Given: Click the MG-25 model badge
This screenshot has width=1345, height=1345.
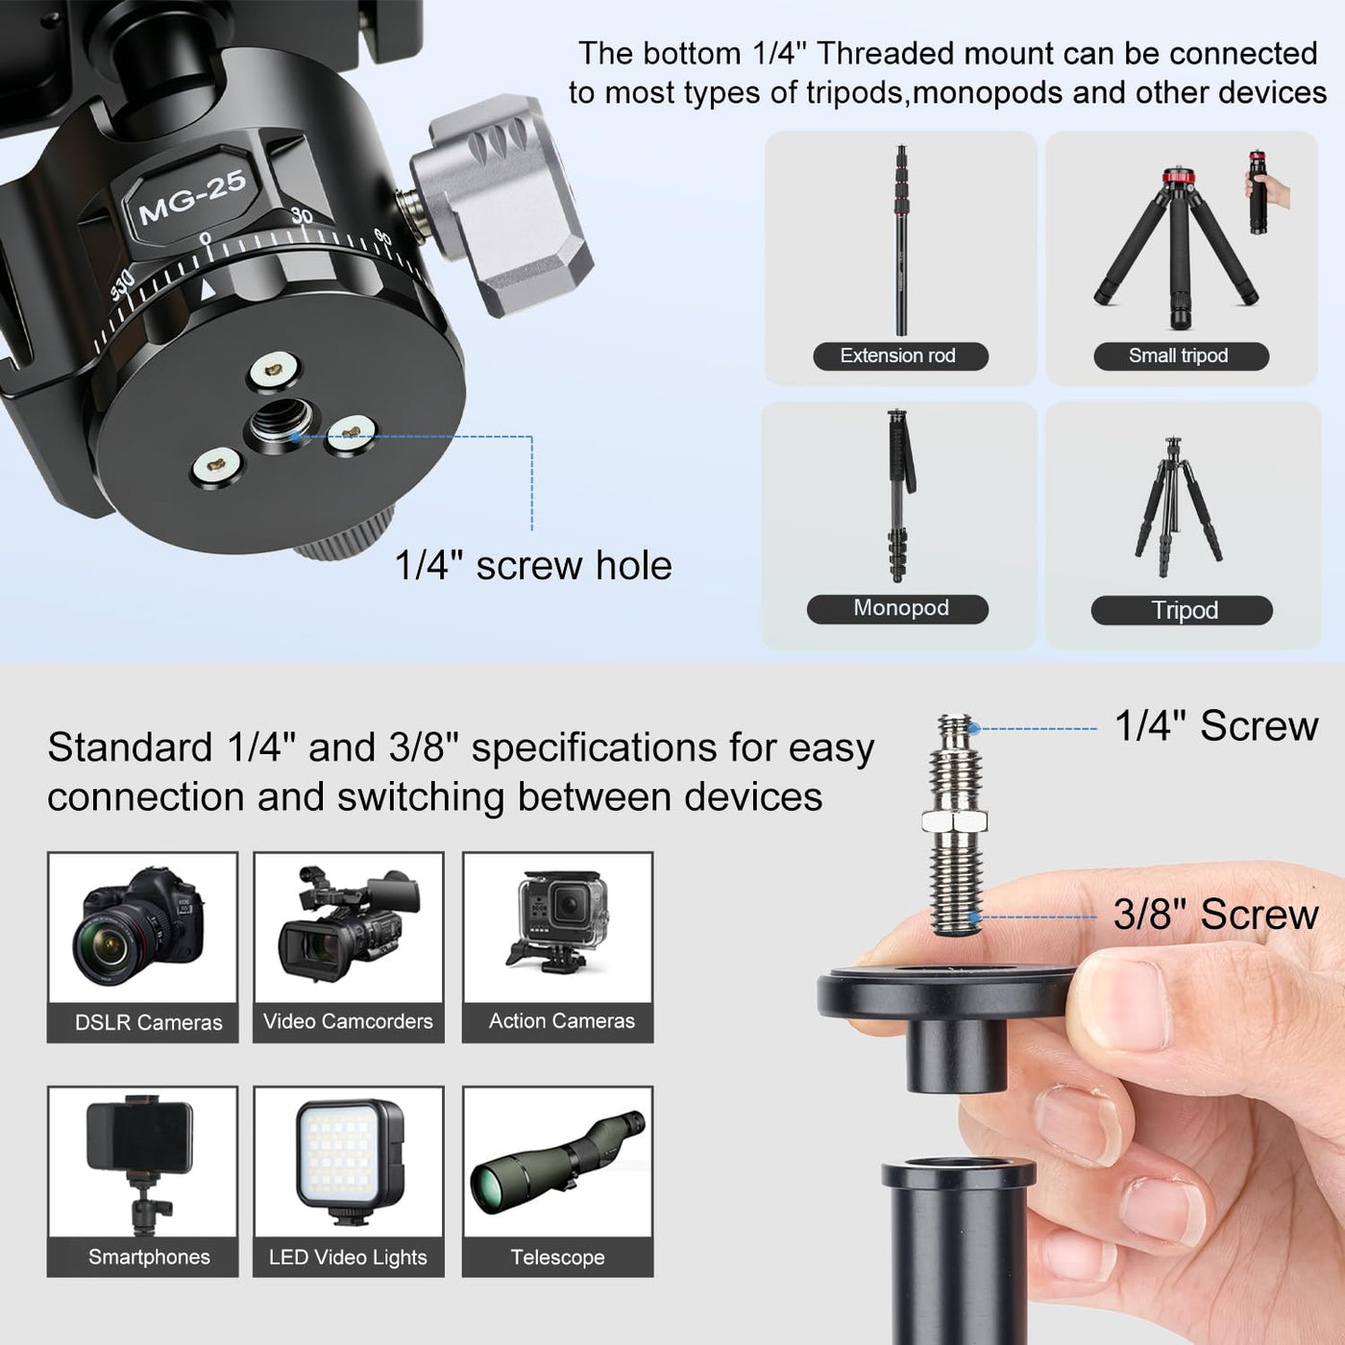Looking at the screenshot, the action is tap(190, 195).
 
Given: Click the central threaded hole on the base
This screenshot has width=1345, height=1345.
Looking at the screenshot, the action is tap(281, 422).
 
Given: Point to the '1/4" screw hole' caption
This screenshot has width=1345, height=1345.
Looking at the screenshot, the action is tap(533, 565).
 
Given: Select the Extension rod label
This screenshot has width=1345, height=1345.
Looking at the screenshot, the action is tap(900, 356).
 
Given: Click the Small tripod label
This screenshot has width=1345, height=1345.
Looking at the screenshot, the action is tap(1181, 356).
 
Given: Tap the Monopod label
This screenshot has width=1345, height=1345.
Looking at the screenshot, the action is tap(897, 609).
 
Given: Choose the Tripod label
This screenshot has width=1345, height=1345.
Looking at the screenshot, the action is tap(1182, 610).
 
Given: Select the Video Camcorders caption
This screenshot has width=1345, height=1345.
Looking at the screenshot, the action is tap(349, 1021).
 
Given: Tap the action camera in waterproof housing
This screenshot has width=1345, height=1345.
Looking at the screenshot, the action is tap(558, 920).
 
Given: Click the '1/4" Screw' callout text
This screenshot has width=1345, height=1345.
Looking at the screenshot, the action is tap(1216, 726).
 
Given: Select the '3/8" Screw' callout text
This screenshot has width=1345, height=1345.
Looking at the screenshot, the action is tap(1216, 915).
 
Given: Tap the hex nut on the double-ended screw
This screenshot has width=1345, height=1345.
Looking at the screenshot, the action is tap(954, 821).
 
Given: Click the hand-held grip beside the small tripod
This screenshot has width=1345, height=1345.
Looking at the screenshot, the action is tap(1258, 191).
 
